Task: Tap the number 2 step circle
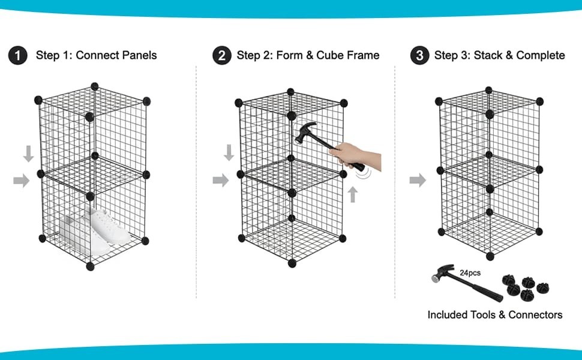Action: click(x=221, y=56)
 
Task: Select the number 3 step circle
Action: click(x=419, y=56)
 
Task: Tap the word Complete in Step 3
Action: click(x=541, y=56)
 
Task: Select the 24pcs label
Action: click(x=470, y=273)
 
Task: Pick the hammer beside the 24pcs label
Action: click(x=465, y=287)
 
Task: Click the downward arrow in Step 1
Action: click(x=28, y=154)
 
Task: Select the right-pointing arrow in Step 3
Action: click(x=418, y=179)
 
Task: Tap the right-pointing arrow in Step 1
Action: click(x=22, y=179)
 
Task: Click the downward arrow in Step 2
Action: click(x=229, y=153)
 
